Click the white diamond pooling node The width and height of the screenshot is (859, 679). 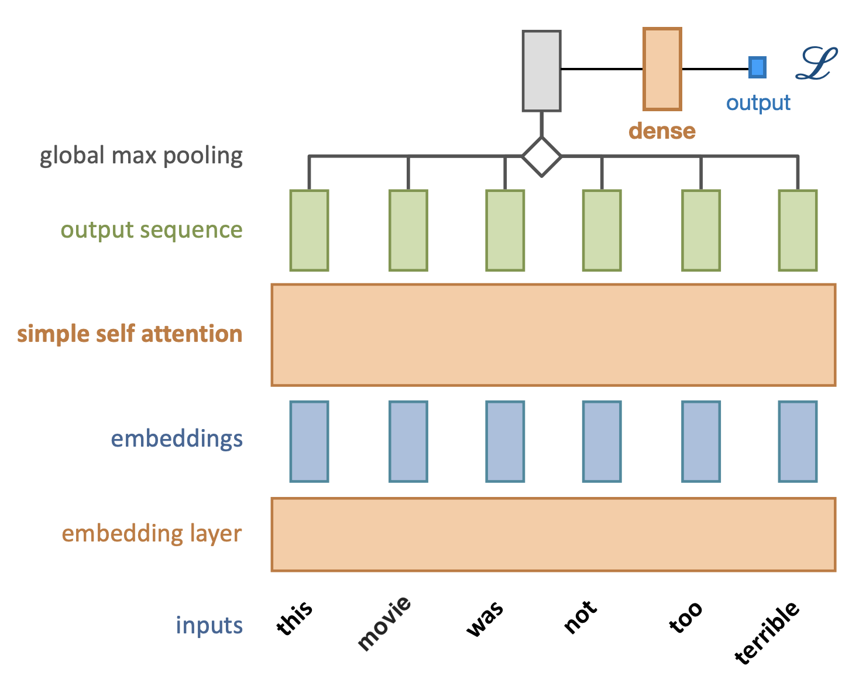[542, 156]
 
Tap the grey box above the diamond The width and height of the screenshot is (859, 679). [541, 71]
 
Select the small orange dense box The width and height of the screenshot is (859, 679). [662, 69]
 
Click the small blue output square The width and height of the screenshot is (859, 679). [757, 67]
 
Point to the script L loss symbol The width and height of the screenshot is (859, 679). [817, 64]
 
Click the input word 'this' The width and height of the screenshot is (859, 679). [295, 618]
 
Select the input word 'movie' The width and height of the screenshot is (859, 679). [384, 623]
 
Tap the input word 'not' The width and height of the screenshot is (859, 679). [580, 616]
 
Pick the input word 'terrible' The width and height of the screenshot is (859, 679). [767, 632]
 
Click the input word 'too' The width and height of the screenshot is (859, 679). [685, 618]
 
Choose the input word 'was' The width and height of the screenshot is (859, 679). [485, 619]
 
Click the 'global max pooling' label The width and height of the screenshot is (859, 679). [141, 156]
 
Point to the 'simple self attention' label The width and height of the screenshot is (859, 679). [129, 334]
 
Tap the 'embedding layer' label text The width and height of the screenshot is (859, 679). [152, 534]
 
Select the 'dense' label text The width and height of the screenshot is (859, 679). [662, 131]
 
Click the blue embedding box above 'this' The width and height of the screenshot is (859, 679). [309, 441]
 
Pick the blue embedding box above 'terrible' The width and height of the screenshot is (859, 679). [798, 441]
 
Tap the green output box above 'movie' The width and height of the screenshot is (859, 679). [408, 230]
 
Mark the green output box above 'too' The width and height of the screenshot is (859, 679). [700, 230]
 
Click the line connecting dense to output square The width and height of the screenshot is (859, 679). [715, 69]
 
